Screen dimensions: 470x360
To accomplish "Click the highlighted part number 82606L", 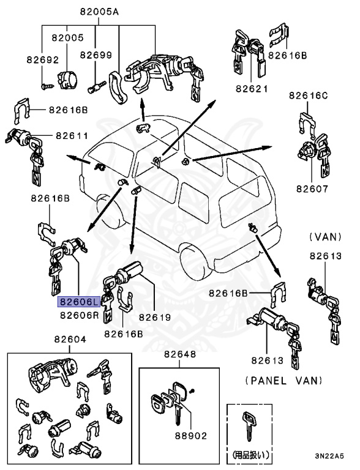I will tap(78, 302).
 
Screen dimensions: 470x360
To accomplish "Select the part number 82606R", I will tap(79, 315).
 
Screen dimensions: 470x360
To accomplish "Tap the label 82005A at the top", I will tap(99, 12).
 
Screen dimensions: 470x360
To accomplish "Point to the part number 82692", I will tap(42, 60).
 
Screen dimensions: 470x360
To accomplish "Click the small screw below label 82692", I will tap(47, 86).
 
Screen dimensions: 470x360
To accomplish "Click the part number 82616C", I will tap(309, 95).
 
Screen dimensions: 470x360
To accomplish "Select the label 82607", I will tap(312, 188).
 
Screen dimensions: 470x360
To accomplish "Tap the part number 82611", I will tap(72, 136).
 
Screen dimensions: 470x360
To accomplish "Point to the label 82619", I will tap(154, 318).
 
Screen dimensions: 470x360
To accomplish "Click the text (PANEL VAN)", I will tap(283, 380).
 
